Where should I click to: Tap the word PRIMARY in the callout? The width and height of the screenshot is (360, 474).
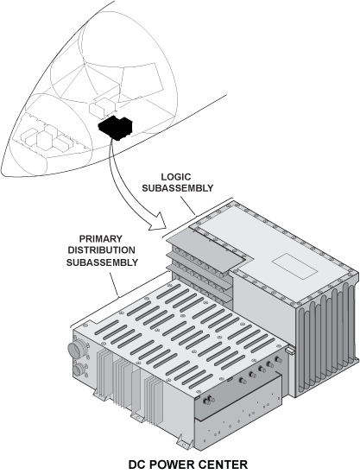[x=101, y=239]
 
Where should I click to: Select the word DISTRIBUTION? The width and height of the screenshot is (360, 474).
[x=101, y=250]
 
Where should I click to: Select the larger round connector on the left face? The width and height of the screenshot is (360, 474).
[x=75, y=350]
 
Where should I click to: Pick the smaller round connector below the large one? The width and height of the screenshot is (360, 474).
[x=78, y=370]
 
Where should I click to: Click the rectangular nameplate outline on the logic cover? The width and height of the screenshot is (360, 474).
[x=294, y=266]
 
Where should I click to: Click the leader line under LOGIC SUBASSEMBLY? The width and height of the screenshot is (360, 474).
[x=187, y=205]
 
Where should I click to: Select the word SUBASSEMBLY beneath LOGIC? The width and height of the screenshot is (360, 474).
[x=178, y=188]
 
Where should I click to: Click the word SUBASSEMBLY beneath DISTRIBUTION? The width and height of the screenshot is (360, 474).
[x=102, y=262]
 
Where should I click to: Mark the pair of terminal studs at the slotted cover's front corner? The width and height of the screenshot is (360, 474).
[x=208, y=401]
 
